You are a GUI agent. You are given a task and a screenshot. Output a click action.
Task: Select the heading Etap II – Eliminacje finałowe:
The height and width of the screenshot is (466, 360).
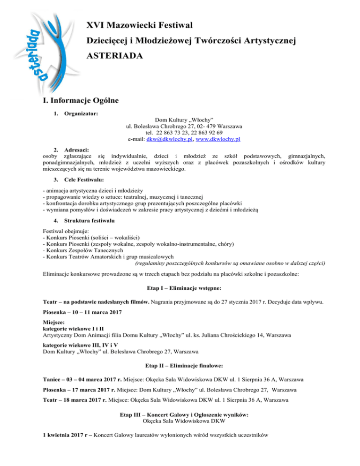[x=180, y=364]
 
